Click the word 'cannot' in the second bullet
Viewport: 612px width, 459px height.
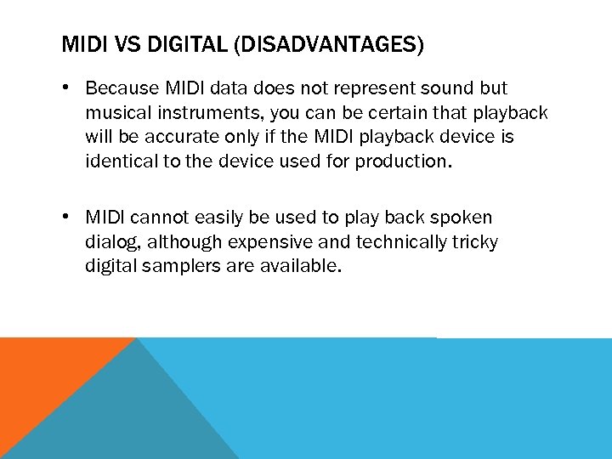[x=158, y=218]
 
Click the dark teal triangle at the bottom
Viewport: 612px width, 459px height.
[x=127, y=416]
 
